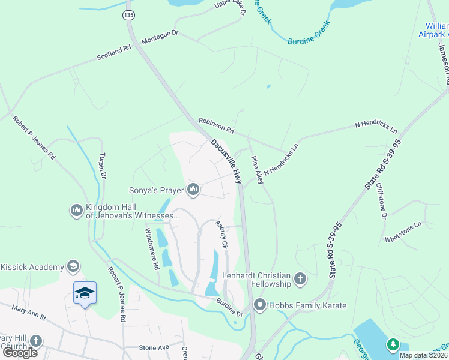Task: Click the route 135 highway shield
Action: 128,13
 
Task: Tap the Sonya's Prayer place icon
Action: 193,191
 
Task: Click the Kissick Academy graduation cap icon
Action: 73,266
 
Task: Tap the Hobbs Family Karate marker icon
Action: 260,305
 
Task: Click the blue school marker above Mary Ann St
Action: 85,293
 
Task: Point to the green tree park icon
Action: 393,344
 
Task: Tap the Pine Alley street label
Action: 256,170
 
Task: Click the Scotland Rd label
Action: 114,53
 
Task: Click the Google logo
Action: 20,352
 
